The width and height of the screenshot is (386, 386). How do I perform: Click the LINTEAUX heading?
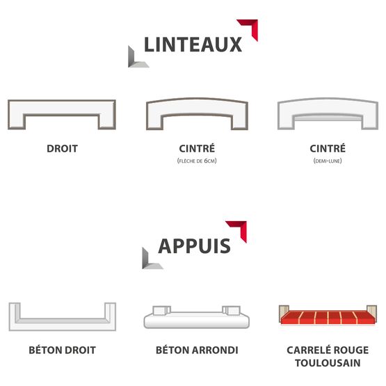tap(193, 45)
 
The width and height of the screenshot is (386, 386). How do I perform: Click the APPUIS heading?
tap(194, 246)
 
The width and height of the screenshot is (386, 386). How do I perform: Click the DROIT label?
tap(63, 149)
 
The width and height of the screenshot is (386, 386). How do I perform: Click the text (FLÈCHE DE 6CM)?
tap(197, 161)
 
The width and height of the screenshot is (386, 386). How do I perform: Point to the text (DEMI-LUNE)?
tap(328, 161)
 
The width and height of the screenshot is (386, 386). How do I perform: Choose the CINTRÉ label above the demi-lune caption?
tap(328, 148)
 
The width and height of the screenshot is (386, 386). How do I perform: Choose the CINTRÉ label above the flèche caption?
tap(197, 148)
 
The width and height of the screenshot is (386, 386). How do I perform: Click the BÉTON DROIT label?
tap(63, 350)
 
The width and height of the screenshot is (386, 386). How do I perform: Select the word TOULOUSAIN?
tap(328, 363)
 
